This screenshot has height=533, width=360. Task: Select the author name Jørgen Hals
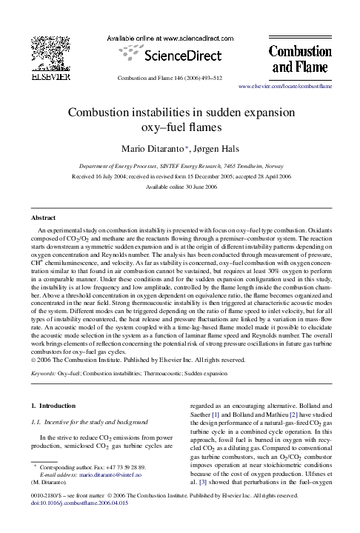coord(216,149)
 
